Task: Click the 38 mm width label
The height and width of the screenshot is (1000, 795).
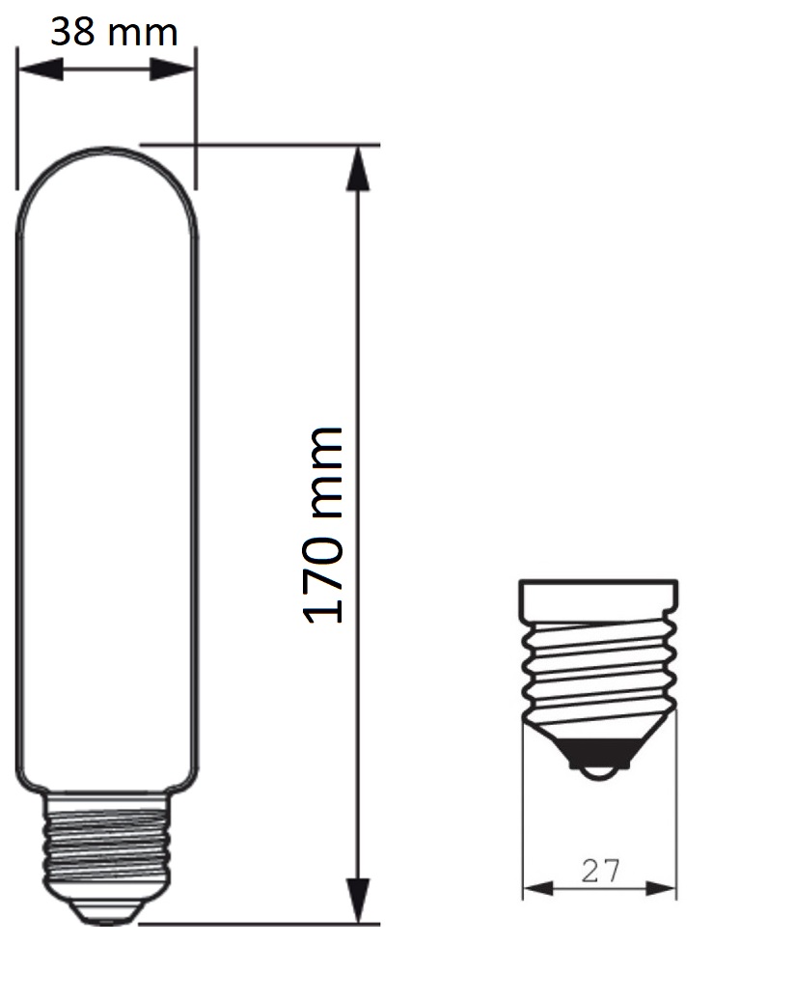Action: point(114,32)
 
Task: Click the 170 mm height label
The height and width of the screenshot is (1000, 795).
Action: point(323,525)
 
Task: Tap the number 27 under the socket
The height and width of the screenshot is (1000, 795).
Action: point(600,871)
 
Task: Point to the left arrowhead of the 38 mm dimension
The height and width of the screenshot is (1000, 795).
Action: point(40,69)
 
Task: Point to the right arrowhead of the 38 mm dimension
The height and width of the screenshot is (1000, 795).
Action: point(172,69)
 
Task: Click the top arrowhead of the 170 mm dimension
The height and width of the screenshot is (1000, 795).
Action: point(358,169)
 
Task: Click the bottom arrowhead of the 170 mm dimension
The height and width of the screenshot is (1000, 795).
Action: point(358,900)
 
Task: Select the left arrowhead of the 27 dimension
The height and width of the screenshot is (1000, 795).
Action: point(538,888)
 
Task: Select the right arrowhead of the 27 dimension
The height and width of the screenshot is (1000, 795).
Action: point(661,888)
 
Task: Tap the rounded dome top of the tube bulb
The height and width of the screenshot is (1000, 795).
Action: point(106,151)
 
